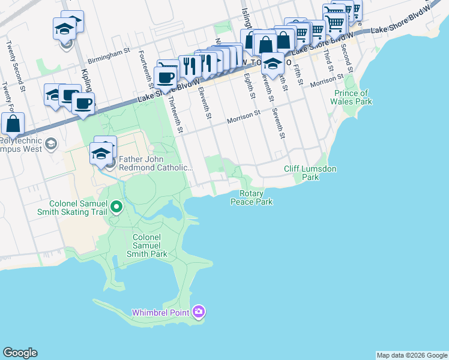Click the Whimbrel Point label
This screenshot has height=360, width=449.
coord(160,312)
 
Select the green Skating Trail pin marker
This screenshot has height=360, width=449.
coord(117,208)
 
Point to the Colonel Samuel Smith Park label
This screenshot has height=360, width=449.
coord(147,245)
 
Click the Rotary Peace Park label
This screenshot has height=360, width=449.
coord(252,198)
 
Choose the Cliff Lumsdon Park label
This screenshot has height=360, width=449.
coord(310,173)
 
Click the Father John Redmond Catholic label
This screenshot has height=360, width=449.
coord(156,163)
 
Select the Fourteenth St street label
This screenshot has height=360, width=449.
coord(144,70)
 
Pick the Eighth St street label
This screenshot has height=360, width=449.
coord(250,87)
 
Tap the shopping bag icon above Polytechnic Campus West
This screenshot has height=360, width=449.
coord(13,124)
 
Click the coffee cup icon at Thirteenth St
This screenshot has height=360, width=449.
coord(165,77)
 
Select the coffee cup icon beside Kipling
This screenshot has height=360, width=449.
coord(83,103)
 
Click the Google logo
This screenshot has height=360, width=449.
coord(20,353)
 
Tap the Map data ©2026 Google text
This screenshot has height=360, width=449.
coord(411,355)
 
